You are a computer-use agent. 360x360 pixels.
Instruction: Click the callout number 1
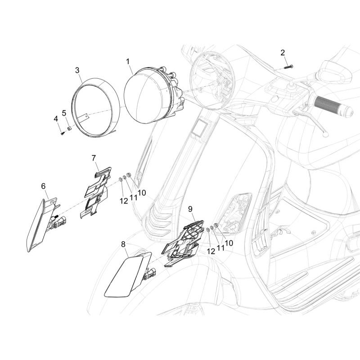pos(128,62)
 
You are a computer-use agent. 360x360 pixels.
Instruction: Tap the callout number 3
pos(77,70)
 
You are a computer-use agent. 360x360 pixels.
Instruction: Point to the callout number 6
pos(43,186)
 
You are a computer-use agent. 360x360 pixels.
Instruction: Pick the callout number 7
pos(94,158)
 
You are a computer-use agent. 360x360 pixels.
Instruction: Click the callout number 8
pos(123,245)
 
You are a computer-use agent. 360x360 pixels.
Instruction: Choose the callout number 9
pos(190,209)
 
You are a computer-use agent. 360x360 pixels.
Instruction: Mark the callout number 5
pos(64,113)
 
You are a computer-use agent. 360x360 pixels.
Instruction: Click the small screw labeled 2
pos(288,67)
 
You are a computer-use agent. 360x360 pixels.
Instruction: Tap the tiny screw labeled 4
pos(62,133)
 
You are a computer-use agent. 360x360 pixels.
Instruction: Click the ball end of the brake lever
pos(325,135)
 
